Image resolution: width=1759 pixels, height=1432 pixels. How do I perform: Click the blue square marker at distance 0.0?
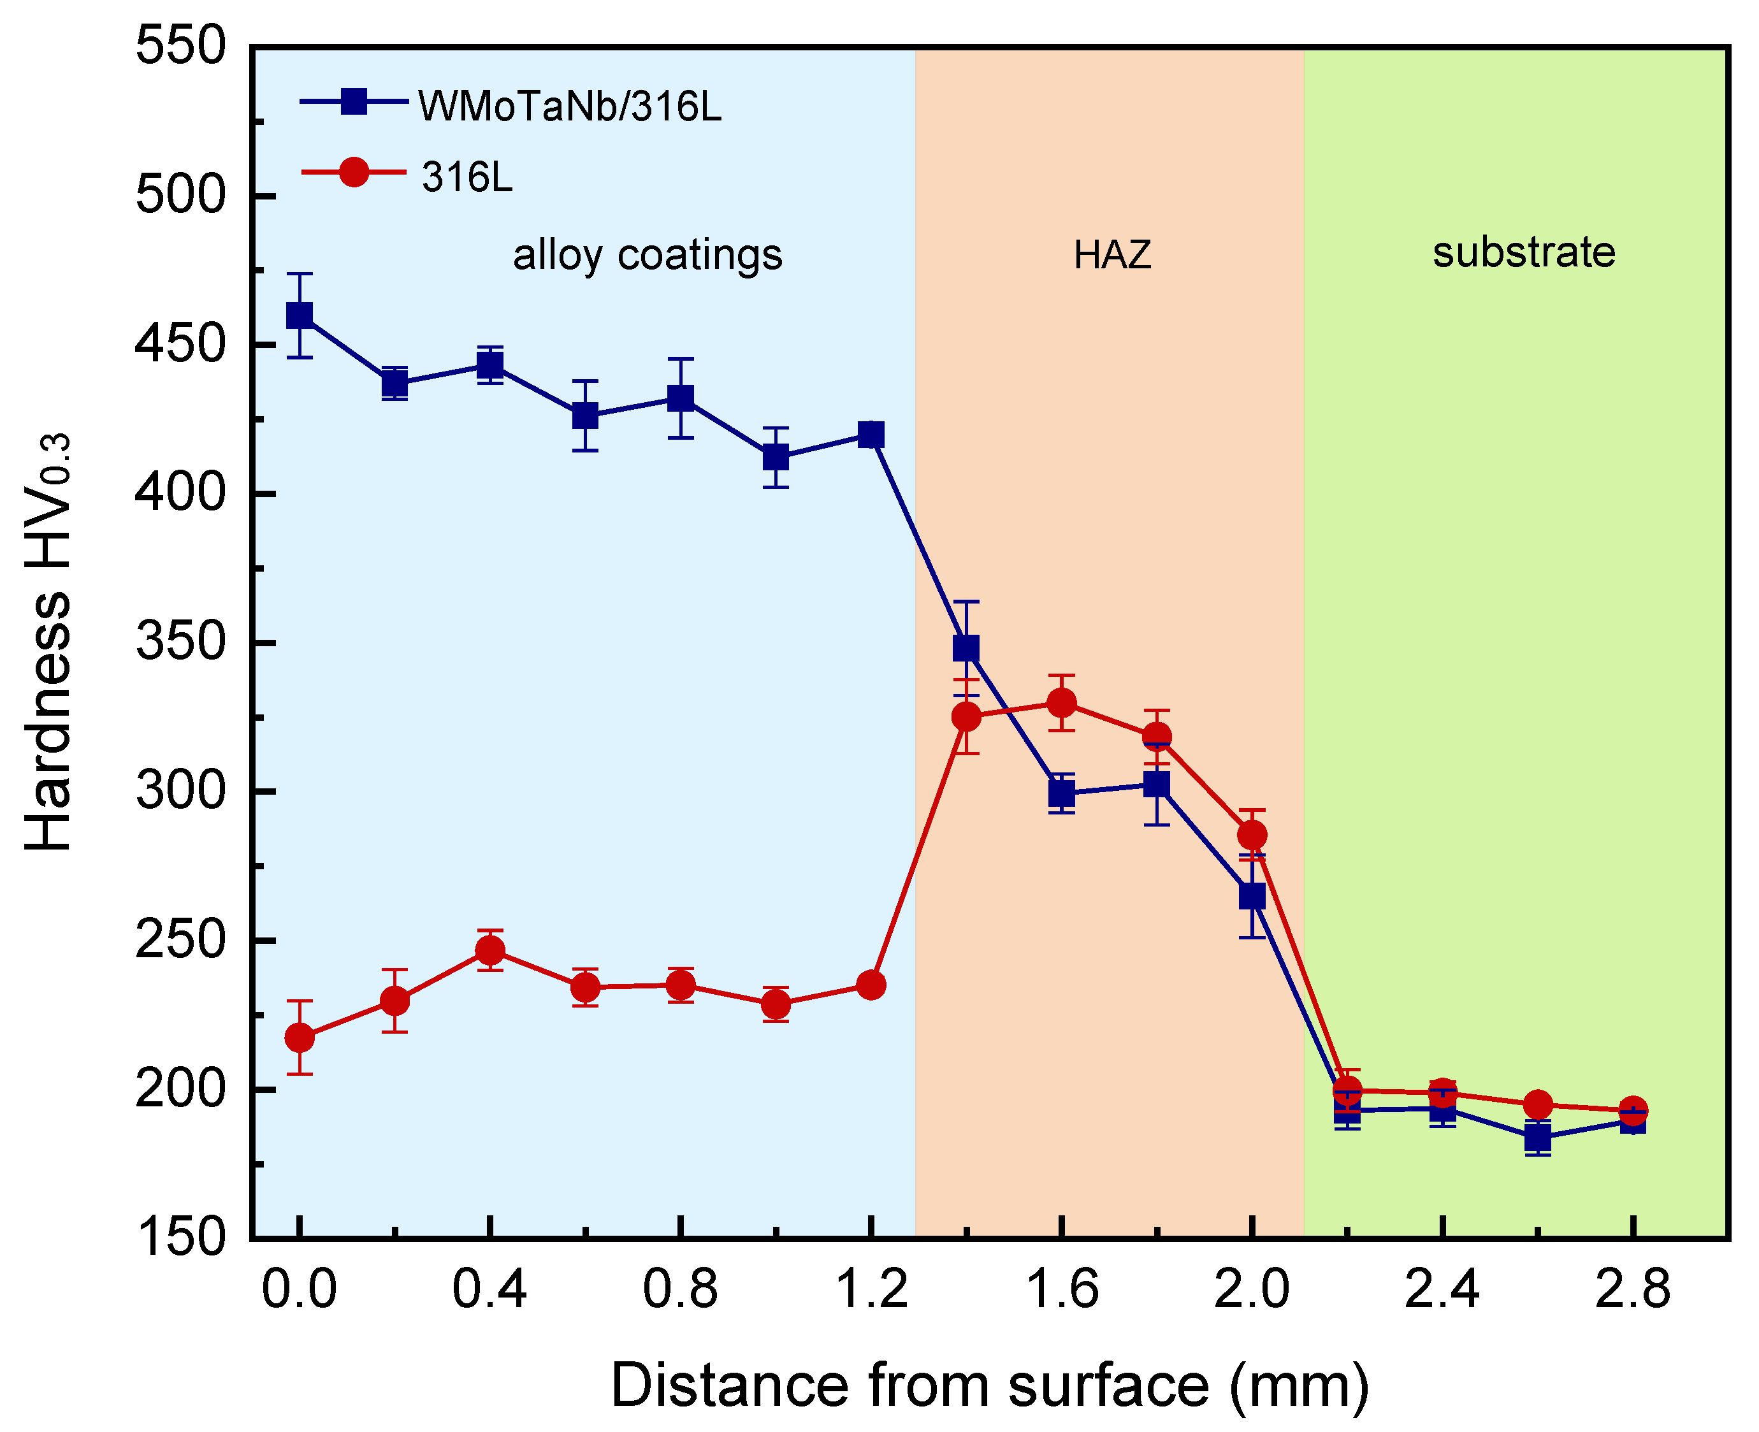point(300,315)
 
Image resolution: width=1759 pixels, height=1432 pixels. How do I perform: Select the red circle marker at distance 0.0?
point(300,1038)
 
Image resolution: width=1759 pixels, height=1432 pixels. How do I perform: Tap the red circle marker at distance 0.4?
point(490,951)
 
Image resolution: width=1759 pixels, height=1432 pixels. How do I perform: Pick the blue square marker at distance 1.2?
point(871,435)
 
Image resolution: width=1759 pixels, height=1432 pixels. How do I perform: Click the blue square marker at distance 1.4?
point(966,648)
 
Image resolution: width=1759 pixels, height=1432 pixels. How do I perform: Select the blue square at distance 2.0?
point(1252,896)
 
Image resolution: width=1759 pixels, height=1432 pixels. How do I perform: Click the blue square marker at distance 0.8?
point(681,398)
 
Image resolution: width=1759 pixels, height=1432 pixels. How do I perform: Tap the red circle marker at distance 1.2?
point(871,985)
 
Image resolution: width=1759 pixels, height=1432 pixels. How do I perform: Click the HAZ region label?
point(1112,255)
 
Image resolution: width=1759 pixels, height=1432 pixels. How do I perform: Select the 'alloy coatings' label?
point(648,255)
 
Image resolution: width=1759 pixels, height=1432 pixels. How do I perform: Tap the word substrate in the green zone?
point(1524,252)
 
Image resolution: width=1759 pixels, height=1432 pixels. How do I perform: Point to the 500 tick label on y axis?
point(180,196)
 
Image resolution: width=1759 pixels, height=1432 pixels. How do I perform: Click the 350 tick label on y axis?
point(180,642)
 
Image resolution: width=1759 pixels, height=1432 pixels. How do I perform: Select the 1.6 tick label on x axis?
point(1062,1289)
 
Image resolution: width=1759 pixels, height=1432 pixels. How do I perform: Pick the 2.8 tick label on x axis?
point(1632,1289)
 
